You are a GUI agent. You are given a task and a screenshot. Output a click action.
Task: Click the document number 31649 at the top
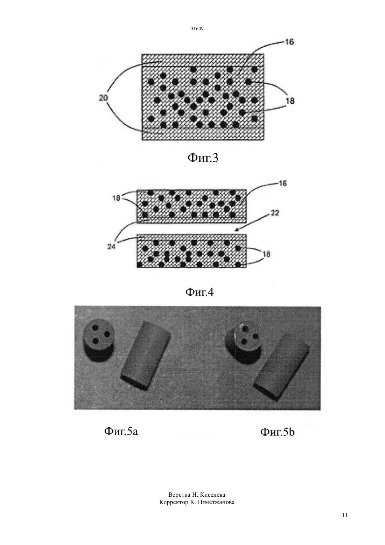[197, 29]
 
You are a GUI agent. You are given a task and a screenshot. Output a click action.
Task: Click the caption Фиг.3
[203, 158]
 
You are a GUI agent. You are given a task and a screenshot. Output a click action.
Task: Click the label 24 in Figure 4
[112, 247]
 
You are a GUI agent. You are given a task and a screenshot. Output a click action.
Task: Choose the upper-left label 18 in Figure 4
[117, 198]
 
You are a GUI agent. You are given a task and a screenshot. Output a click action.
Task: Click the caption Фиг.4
[199, 292]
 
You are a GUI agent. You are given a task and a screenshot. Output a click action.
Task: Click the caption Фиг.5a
[121, 432]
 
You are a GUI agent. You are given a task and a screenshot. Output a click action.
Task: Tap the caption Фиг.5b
[277, 432]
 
